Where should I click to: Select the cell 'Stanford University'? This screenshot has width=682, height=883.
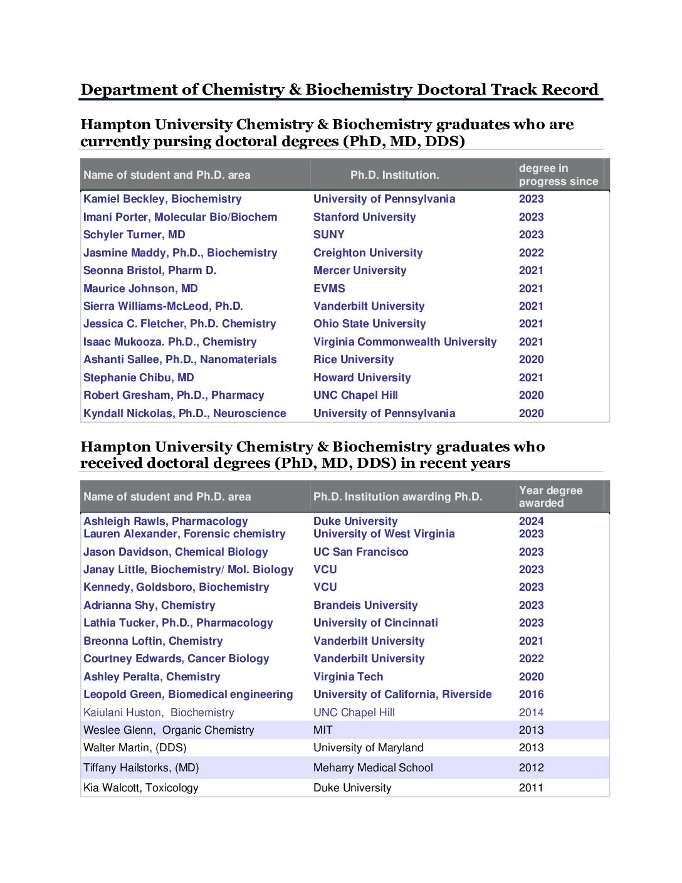coord(364,217)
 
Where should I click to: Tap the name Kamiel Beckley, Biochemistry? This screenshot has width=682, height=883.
coord(162,199)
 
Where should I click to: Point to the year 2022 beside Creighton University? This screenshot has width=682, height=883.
coord(531,253)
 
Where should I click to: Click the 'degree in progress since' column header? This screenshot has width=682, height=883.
coord(558,175)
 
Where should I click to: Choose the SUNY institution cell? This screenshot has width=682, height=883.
coord(328,235)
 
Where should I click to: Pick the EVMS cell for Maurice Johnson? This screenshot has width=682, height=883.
coord(329,288)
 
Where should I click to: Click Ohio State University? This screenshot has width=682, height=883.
coord(369,324)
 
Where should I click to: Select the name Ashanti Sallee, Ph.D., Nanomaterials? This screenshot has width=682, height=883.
coord(180,359)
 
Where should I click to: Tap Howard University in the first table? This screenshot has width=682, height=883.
coord(362,378)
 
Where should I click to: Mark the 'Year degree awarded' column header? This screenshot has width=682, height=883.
coord(550,497)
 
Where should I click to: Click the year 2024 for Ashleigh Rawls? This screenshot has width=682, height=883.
coord(531,521)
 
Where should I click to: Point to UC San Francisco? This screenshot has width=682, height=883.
coord(360,552)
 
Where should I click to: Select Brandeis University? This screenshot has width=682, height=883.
coord(365,605)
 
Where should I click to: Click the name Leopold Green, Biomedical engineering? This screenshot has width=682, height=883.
coord(188,694)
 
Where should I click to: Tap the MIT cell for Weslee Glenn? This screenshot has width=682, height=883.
coord(323,730)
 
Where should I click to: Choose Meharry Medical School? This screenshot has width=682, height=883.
coord(373,768)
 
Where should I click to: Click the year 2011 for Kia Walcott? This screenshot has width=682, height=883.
coord(531,788)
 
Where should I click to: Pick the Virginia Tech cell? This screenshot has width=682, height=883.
coord(348,677)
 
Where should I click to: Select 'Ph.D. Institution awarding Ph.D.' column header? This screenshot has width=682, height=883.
coord(397,497)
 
